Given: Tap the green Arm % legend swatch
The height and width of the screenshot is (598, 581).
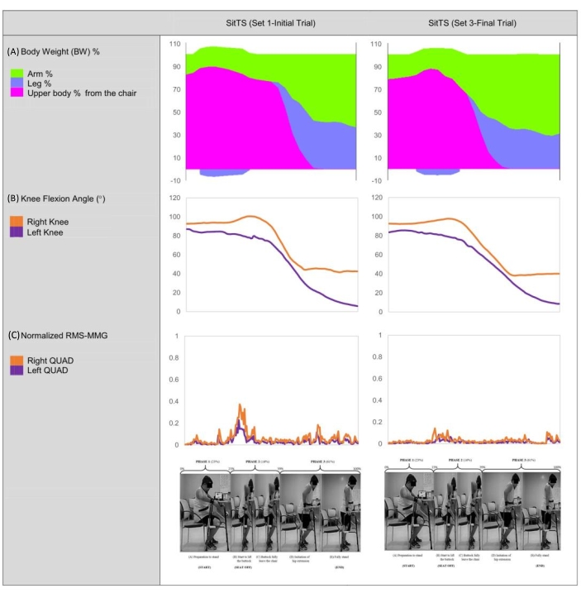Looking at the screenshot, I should tap(16, 73).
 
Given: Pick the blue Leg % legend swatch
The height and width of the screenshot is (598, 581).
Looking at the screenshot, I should tap(16, 83).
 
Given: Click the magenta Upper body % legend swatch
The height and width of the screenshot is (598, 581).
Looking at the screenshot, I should tap(16, 93).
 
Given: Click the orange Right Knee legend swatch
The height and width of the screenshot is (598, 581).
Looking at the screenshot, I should tap(16, 222).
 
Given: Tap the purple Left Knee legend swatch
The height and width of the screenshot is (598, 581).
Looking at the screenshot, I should tap(16, 233).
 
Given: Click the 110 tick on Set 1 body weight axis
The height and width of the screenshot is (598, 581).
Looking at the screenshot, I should tap(174, 43).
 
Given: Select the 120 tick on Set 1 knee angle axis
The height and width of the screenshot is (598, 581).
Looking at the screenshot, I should tap(174, 199).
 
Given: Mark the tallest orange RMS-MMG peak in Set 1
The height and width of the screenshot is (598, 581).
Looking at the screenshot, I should tap(240, 405).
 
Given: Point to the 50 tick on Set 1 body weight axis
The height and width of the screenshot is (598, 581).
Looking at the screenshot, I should tap(175, 112).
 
